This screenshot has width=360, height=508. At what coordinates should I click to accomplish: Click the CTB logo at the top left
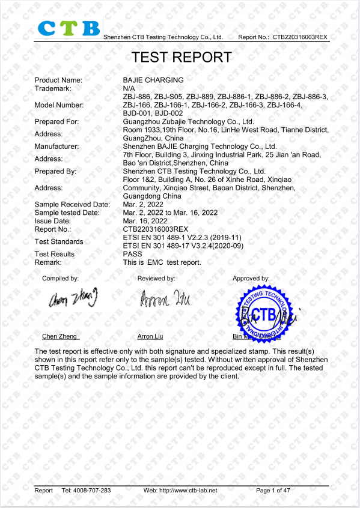[x=69, y=28]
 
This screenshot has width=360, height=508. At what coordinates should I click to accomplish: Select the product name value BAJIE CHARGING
[x=153, y=80]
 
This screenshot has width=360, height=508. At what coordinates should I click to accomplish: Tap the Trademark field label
[x=53, y=88]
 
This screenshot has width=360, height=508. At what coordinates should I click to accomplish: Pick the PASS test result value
[x=132, y=254]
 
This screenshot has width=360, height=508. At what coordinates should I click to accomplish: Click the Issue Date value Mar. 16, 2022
[x=145, y=221]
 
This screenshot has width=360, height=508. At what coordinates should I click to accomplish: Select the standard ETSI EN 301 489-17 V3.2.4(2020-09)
[x=183, y=246]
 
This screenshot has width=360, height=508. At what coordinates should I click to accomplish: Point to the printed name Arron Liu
[x=150, y=337]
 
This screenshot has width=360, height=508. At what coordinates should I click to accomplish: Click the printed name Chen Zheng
[x=59, y=337]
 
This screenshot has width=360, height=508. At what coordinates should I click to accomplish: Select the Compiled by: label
[x=60, y=279]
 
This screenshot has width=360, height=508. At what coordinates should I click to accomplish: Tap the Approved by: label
[x=251, y=279]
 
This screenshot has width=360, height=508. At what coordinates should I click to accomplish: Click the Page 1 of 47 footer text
[x=273, y=491]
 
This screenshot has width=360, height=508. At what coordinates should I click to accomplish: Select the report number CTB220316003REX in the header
[x=301, y=37]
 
